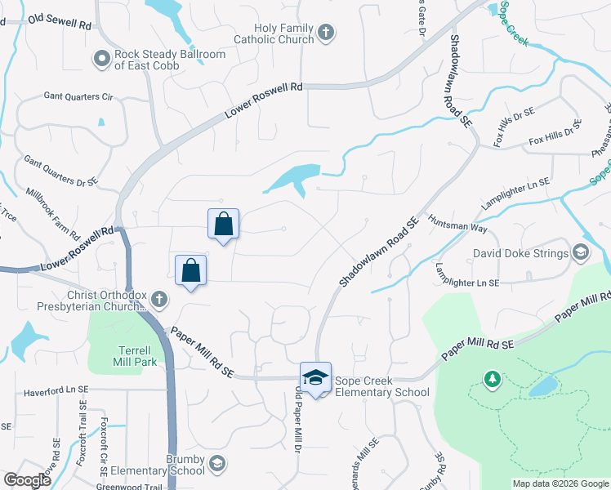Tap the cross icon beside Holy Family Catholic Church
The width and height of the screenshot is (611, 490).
pyautogui.click(x=325, y=33)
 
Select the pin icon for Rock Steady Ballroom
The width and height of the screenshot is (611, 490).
pyautogui.click(x=101, y=58)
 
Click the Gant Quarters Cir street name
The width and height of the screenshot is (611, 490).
pyautogui.click(x=78, y=96)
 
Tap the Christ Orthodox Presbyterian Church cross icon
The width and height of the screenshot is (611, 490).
pyautogui.click(x=158, y=300)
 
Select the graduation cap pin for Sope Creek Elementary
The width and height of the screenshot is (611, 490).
pyautogui.click(x=315, y=377)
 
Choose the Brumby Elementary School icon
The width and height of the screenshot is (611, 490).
pyautogui.click(x=216, y=464)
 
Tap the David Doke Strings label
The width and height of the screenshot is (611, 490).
pyautogui.click(x=520, y=253)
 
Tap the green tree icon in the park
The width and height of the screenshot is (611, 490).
pyautogui.click(x=491, y=379)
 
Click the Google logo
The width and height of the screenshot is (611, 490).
pyautogui.click(x=27, y=480)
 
